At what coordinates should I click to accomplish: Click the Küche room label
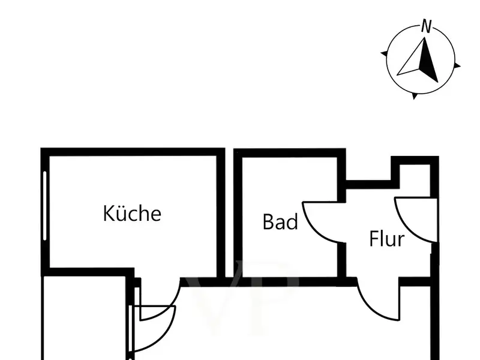132,213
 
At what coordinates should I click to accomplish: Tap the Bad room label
280,222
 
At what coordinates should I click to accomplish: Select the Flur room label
386,239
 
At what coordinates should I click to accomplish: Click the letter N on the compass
427,26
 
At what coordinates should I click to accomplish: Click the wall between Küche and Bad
220,213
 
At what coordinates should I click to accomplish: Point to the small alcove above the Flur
414,174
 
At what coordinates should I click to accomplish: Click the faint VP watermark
240,300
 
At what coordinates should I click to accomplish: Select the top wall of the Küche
132,152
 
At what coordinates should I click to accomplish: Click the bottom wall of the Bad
288,281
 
